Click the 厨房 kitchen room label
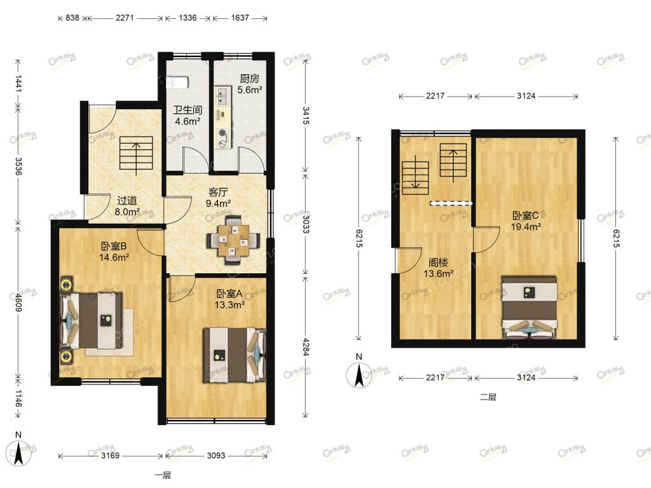click(x=249, y=78)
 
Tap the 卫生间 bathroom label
click(x=188, y=110)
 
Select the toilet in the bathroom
click(x=177, y=83)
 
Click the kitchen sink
click(x=223, y=95)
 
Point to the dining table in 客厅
click(x=234, y=240)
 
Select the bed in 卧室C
click(x=529, y=307)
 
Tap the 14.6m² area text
click(x=114, y=257)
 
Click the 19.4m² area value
click(x=526, y=227)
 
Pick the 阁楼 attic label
click(x=438, y=262)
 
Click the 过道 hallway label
click(x=127, y=200)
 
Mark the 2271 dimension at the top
click(x=125, y=18)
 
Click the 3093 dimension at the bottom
click(x=216, y=456)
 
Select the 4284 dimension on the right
click(x=306, y=347)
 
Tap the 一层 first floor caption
click(x=163, y=475)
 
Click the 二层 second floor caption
click(x=488, y=397)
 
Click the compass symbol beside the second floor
click(x=359, y=375)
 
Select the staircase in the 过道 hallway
click(x=136, y=154)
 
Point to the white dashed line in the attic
click(x=451, y=203)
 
